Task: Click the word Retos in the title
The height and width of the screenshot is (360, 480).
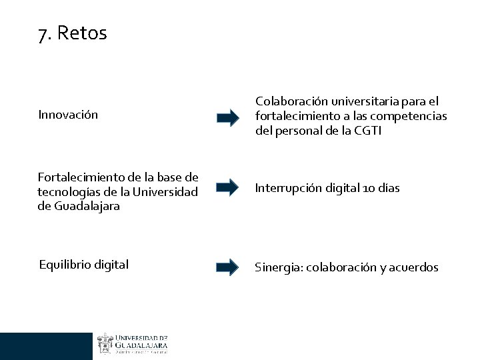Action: (x=82, y=33)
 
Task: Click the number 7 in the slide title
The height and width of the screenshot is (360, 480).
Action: (x=43, y=34)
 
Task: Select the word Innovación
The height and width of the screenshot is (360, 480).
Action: (x=68, y=115)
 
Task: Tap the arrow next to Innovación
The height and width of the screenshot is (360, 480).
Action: (x=227, y=119)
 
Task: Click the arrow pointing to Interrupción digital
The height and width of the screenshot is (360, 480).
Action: (x=227, y=188)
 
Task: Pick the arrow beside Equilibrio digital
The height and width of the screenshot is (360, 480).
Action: (x=227, y=267)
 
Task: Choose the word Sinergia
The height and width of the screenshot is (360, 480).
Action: (x=277, y=267)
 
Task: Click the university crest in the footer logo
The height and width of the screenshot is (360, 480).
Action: (x=105, y=343)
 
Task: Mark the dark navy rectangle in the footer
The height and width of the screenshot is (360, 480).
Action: (x=46, y=346)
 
